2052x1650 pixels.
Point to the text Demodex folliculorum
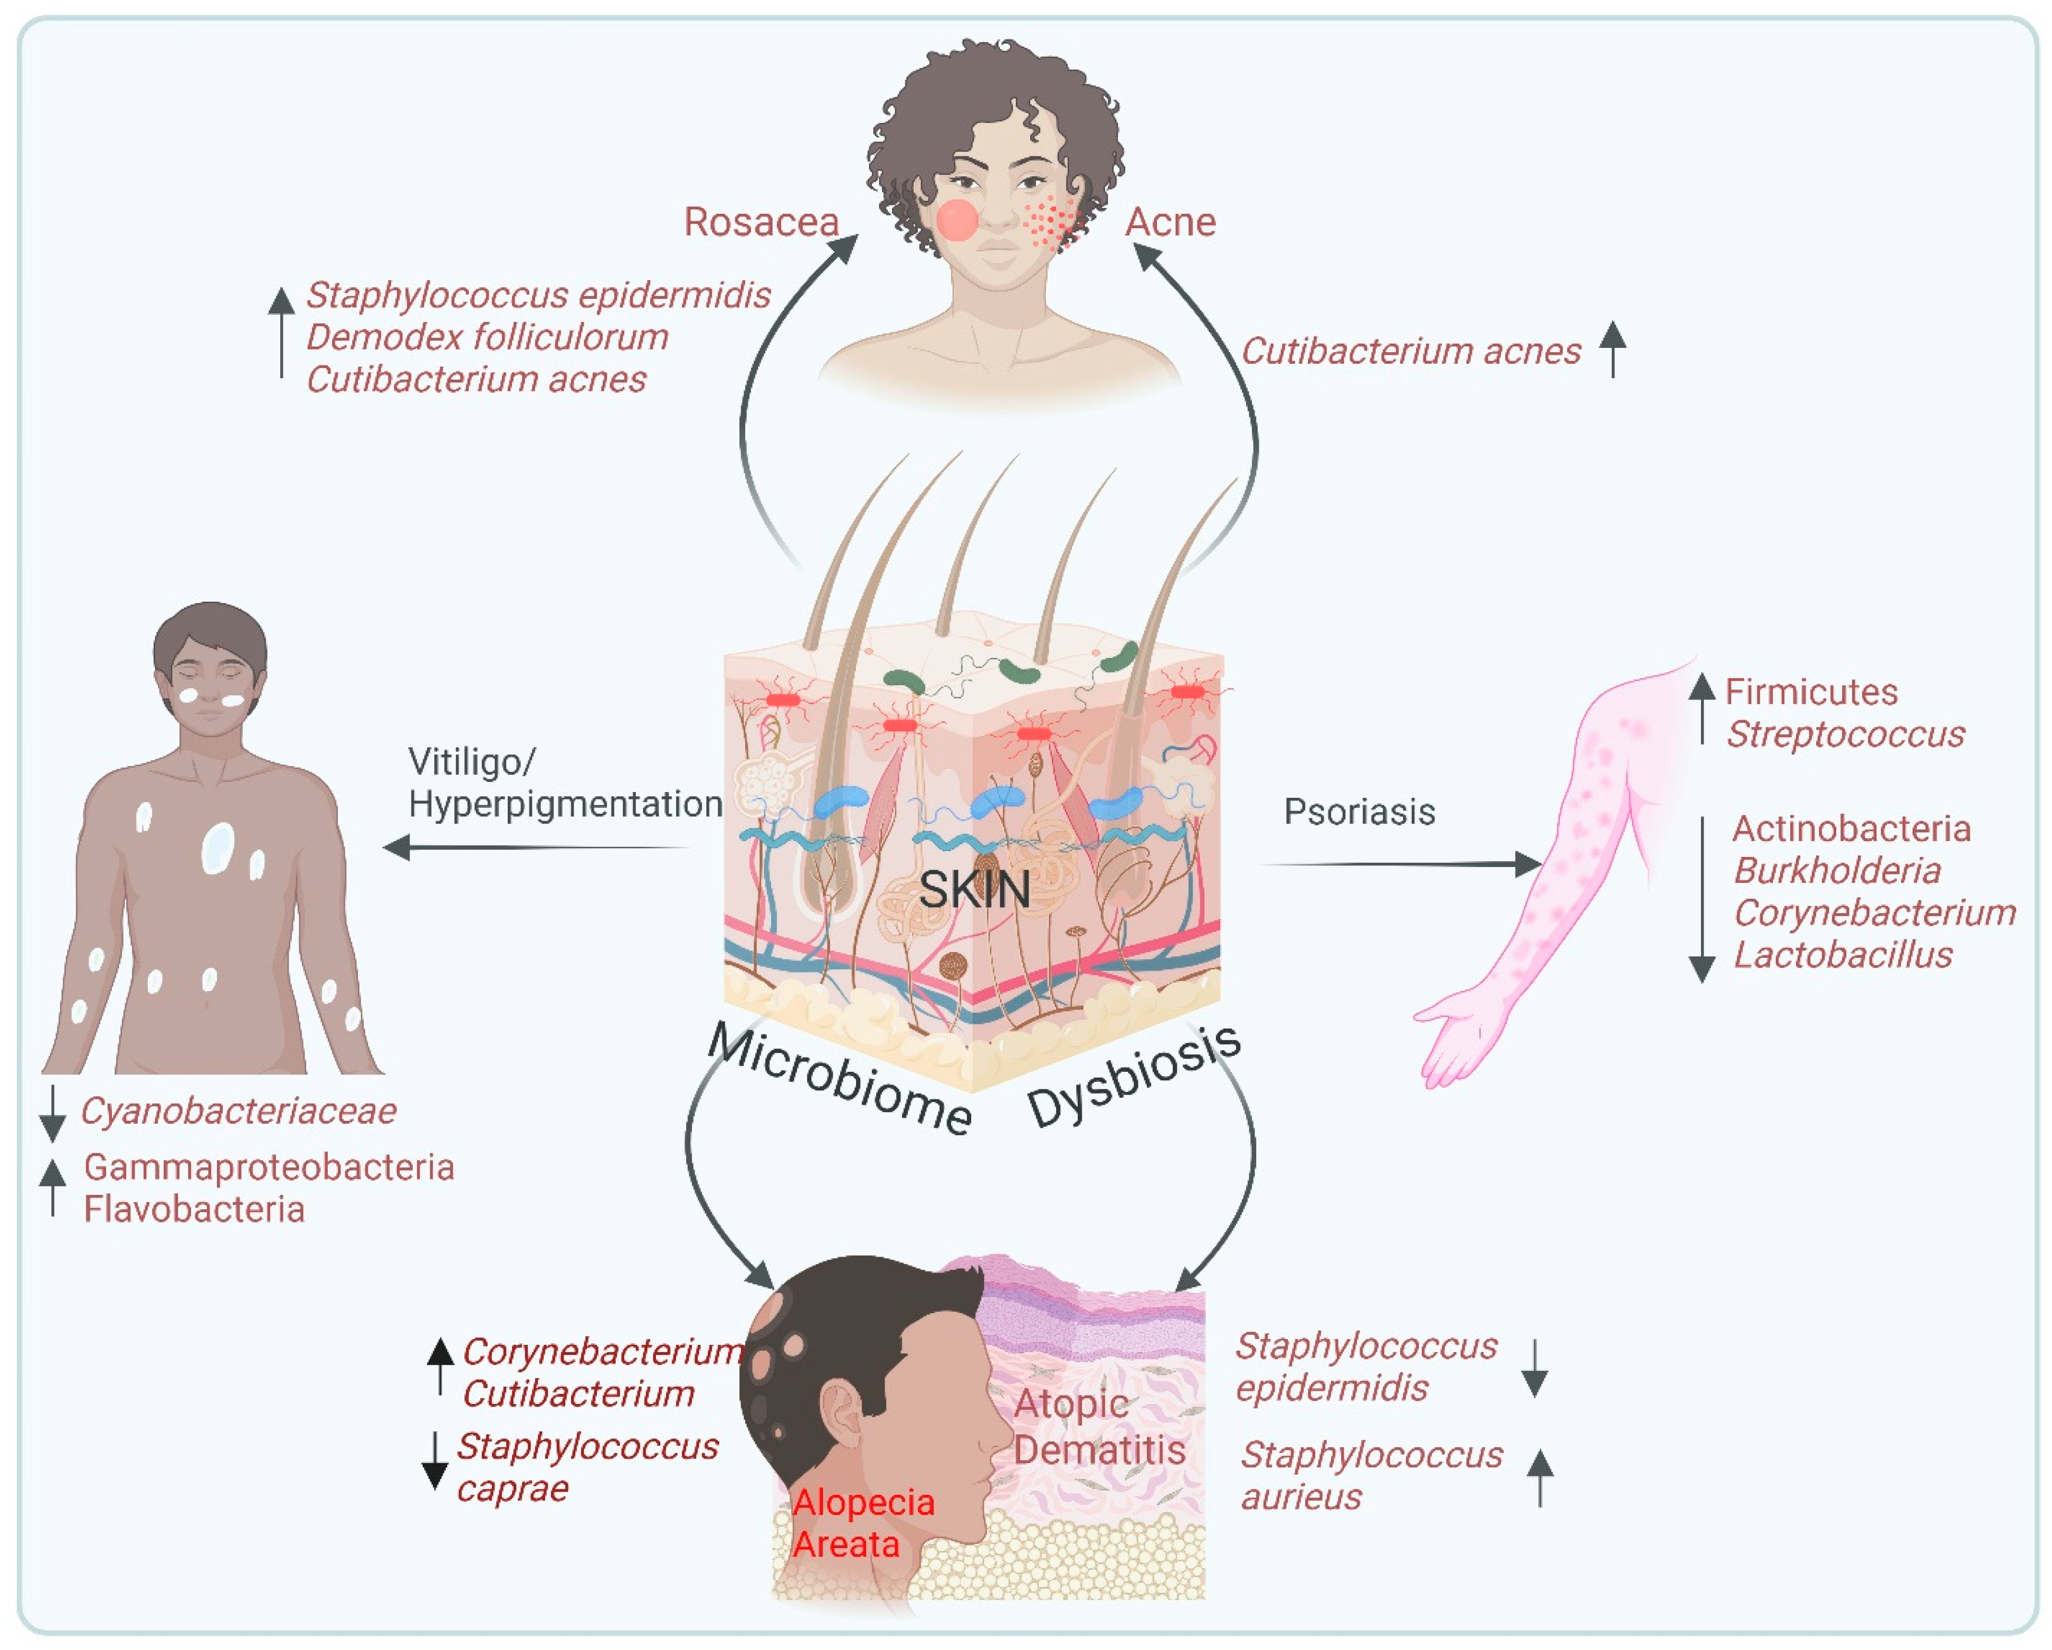pyautogui.click(x=487, y=337)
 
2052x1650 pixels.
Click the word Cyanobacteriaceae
pyautogui.click(x=238, y=1111)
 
